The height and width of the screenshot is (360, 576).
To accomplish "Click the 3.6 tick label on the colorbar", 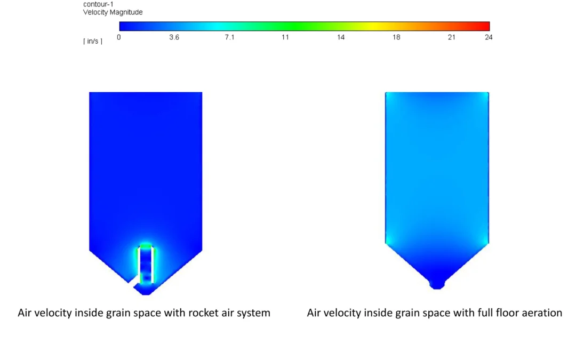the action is pos(174,37).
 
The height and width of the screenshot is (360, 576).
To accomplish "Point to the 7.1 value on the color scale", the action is pos(229,37).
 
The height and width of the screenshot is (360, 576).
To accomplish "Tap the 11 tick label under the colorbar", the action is pos(285,37).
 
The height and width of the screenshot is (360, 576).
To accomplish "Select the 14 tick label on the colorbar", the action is pos(340,37).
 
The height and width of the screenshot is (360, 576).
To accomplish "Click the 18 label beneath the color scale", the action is pos(396,37).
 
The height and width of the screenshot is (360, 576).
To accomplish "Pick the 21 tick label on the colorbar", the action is pos(452,37).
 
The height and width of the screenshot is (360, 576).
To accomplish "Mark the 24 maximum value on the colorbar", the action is pos(489,37).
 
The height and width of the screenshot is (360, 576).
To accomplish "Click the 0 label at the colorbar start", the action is pos(118,37).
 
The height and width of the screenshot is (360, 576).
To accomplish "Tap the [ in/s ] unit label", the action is pos(93,41).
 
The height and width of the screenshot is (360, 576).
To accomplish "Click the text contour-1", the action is pos(98,4).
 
